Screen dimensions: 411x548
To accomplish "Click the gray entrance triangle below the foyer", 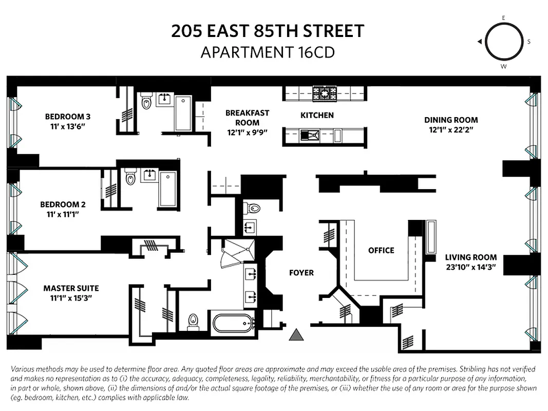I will [295, 335].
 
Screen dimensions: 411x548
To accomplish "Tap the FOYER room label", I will [301, 273].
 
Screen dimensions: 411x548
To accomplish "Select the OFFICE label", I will [381, 250].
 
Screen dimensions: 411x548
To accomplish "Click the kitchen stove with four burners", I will [325, 94].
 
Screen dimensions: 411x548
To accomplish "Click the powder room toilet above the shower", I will [253, 208].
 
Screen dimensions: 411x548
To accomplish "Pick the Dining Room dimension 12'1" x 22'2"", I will [451, 130].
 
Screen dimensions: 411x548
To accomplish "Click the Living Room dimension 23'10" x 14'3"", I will [470, 267].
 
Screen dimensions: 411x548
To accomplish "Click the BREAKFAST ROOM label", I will [247, 118].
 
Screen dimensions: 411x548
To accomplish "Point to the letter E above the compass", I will [503, 18].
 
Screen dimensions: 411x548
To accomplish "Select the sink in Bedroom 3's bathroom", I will [164, 99].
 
